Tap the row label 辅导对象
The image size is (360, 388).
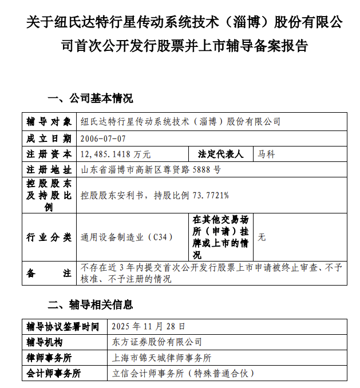coord(49,122)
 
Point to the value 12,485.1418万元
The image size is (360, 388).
coord(116,154)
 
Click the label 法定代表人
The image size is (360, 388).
coord(220,154)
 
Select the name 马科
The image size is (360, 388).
coord(267,154)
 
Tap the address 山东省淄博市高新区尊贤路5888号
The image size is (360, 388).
coord(151,169)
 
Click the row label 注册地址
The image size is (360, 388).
coord(49,169)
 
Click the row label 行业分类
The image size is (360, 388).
coord(49,237)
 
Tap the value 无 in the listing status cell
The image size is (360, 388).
coord(262,237)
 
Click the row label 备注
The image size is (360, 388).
coord(49,273)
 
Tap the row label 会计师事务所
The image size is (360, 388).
coord(54,373)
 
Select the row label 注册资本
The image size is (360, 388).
coord(49,154)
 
